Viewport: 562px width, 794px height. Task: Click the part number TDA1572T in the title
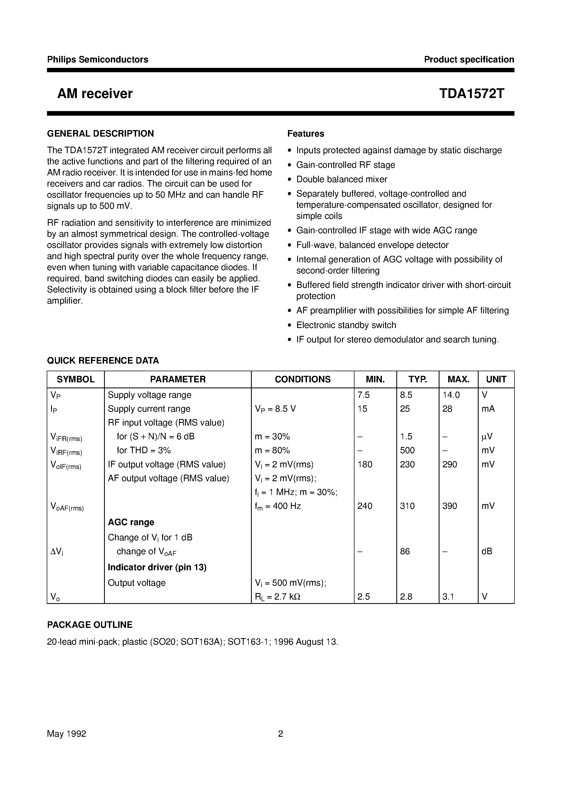(x=472, y=94)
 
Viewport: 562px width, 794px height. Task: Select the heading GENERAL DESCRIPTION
(x=100, y=134)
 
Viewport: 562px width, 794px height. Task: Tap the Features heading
(x=306, y=134)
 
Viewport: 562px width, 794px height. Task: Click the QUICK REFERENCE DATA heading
(x=103, y=361)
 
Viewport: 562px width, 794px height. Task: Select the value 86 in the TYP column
(x=405, y=551)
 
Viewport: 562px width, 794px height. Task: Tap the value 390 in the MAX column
(x=450, y=506)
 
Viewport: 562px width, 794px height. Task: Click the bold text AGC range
(x=131, y=522)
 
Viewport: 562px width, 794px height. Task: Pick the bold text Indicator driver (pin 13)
(x=157, y=567)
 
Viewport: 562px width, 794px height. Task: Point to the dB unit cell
(x=487, y=551)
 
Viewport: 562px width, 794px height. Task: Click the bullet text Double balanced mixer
(x=341, y=179)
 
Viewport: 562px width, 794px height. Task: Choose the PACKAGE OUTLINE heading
(x=90, y=625)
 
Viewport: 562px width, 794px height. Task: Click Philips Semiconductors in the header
(x=98, y=59)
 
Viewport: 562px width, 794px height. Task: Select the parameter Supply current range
(x=149, y=409)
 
